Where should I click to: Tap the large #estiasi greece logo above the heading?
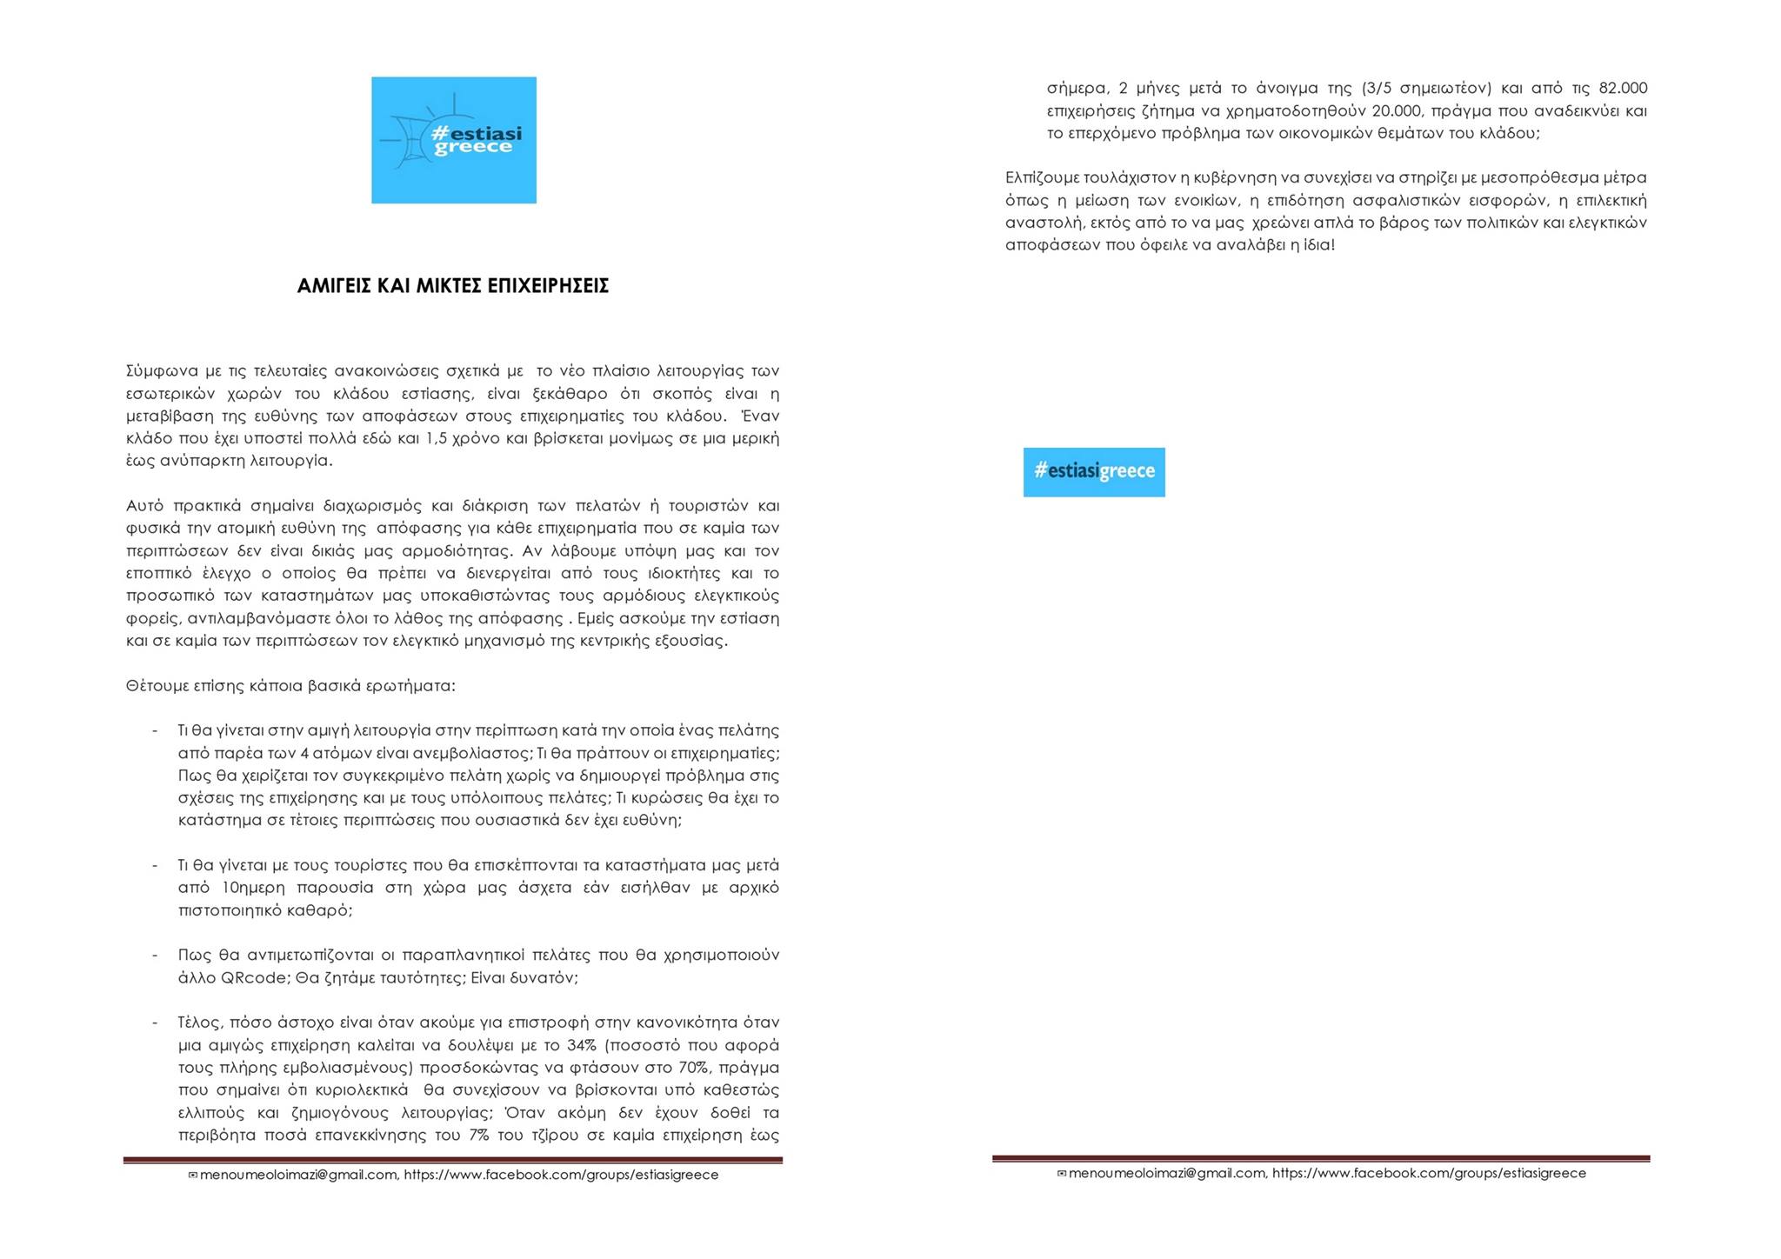453,140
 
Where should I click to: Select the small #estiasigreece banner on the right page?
1094,472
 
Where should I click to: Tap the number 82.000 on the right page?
1623,89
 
